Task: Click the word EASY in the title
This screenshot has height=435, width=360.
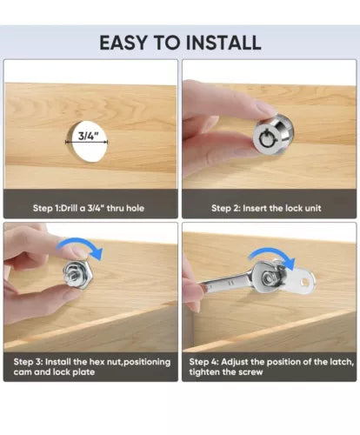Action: coord(123,43)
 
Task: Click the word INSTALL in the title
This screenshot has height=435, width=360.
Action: coord(223,43)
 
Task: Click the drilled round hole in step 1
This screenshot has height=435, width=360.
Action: coord(87,141)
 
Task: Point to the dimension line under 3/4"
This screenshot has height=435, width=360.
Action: coord(87,142)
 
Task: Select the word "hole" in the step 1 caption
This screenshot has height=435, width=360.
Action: coord(135,208)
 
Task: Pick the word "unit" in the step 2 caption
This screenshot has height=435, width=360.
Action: coord(313,208)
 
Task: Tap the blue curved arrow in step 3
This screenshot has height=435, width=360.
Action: coord(80,245)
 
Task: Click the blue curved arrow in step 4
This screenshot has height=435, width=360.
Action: coord(272,255)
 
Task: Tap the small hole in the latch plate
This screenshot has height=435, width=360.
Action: coord(303,281)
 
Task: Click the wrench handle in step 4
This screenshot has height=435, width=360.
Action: coord(226,281)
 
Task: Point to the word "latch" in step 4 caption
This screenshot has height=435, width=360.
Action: coord(342,362)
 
